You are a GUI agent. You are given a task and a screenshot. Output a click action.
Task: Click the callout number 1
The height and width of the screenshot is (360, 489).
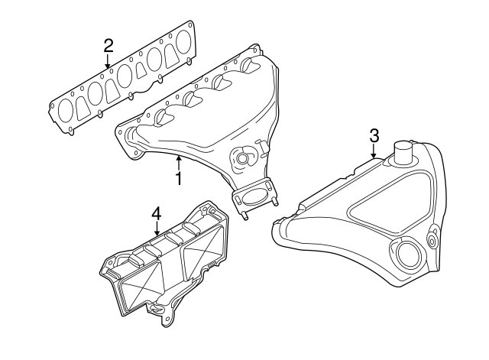coord(178,179)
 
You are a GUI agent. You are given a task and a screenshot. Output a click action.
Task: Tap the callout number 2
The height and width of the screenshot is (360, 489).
coord(108,45)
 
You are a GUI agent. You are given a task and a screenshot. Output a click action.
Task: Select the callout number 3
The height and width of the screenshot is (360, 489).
coord(374,135)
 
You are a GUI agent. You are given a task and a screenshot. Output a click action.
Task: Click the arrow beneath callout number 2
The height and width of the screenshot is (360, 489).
coord(108,61)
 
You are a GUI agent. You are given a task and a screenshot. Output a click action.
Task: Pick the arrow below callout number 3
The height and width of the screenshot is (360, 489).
coord(374,152)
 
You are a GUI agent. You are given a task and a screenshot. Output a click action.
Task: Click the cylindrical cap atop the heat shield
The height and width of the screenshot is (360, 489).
coord(403,151)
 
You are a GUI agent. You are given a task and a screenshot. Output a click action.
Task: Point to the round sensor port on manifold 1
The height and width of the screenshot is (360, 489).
coord(244,159)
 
